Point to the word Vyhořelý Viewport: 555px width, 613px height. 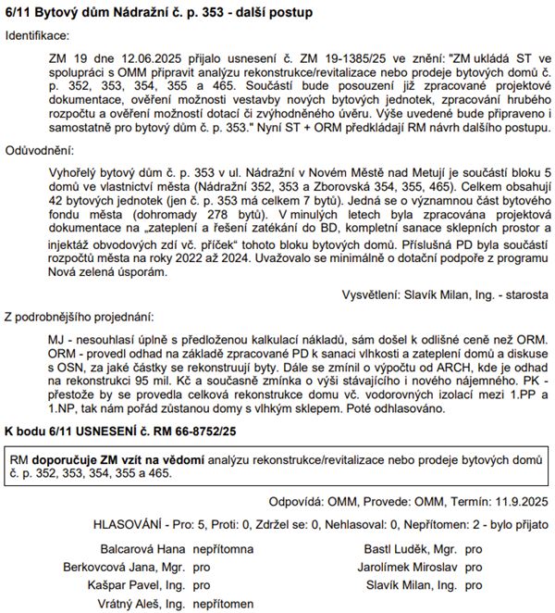tap(73, 172)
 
